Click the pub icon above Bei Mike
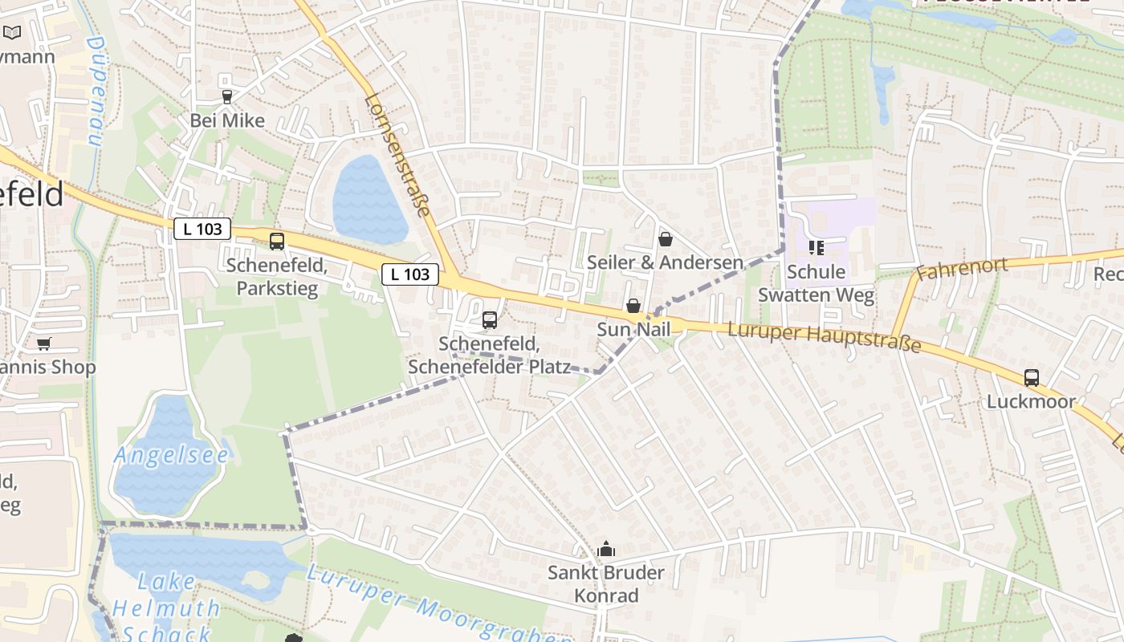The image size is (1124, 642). point(226,97)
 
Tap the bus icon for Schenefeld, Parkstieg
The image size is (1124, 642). point(277,241)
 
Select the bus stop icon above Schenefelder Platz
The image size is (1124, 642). point(490,320)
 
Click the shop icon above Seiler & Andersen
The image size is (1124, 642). point(665,239)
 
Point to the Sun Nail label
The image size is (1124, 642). point(633,330)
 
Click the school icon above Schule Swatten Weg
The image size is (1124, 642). point(817,247)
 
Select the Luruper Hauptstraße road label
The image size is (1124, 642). point(824,337)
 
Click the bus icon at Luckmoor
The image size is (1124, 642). point(1032,378)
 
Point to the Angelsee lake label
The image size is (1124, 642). point(171,456)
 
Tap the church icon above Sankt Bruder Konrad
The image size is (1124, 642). point(606,549)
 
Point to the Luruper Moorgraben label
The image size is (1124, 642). point(438,606)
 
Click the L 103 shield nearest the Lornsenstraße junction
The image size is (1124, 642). point(410,274)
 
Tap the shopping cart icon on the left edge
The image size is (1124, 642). point(43,343)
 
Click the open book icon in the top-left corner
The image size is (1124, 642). point(13,33)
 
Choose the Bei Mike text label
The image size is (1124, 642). point(227,121)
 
